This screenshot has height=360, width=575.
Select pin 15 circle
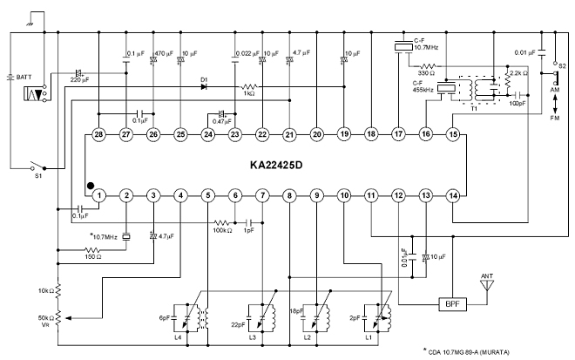click(x=452, y=133)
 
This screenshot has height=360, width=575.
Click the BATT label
click(x=24, y=78)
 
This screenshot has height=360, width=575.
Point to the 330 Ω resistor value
click(x=428, y=73)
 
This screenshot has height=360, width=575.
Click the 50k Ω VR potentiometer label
click(x=43, y=318)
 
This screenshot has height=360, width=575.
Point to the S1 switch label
click(x=37, y=175)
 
